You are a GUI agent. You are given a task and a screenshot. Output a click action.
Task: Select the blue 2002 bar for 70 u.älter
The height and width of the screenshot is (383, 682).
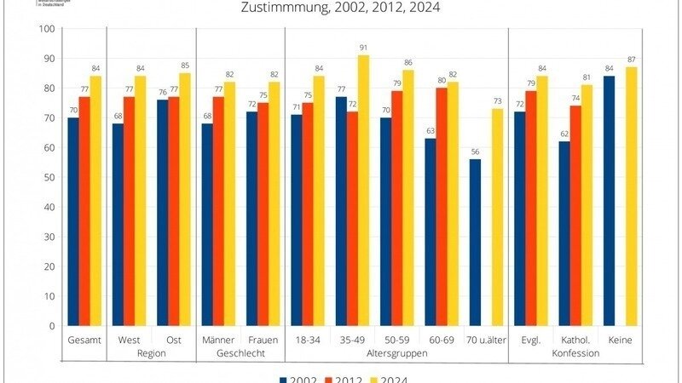coord(475,243)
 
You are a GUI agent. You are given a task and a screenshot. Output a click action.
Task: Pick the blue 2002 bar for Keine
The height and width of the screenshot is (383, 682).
coord(609,201)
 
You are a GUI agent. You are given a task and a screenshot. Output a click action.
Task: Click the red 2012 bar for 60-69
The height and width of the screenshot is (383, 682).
coord(441,207)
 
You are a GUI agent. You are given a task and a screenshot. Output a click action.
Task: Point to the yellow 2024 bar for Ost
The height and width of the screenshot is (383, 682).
coord(185,199)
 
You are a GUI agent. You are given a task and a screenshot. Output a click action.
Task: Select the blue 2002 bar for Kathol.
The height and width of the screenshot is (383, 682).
coord(564,233)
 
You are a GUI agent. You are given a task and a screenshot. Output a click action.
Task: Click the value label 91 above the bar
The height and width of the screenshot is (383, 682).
coord(362,48)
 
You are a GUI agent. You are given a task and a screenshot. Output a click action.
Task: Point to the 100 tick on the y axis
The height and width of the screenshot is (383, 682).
coord(47,29)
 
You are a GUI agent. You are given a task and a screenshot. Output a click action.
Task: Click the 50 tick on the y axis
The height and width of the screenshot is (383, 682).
coord(49,177)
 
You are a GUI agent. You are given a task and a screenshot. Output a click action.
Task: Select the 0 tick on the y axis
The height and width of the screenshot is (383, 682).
coord(52,326)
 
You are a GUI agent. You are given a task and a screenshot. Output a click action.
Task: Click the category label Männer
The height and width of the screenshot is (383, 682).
coord(218,340)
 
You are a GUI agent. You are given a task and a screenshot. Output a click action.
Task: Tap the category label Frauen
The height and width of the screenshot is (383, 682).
coord(263,340)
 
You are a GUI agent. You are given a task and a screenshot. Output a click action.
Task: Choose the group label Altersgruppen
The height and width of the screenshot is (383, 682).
coord(396,352)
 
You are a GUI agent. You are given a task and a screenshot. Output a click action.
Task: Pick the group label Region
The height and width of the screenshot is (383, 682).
coord(152,352)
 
